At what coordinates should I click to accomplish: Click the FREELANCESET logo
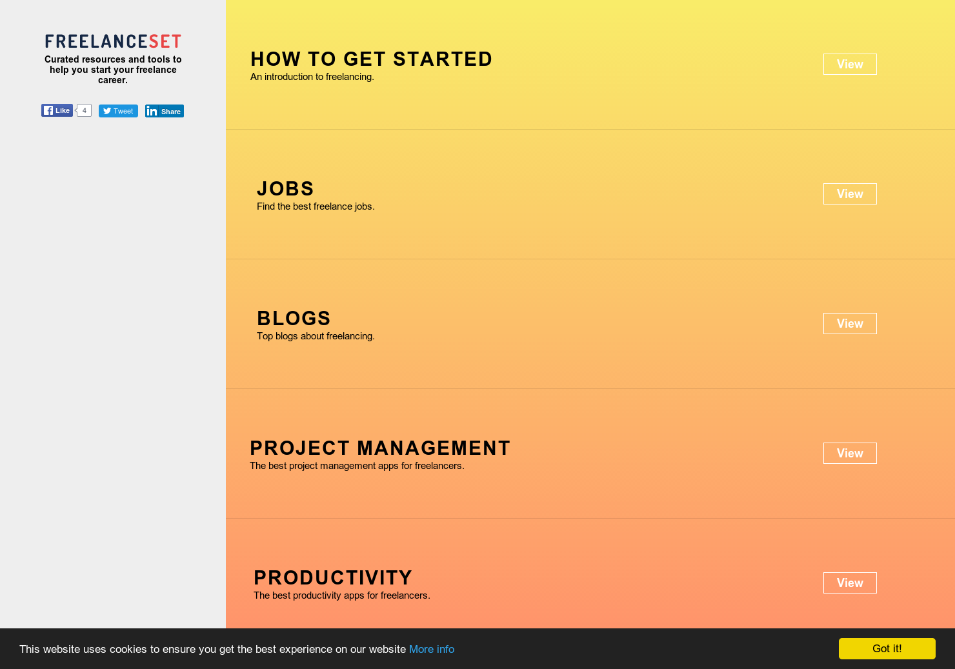click(x=113, y=41)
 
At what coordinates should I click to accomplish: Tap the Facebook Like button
click(x=57, y=110)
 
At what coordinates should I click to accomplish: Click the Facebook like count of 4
click(x=85, y=110)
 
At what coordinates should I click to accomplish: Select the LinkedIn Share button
click(x=165, y=111)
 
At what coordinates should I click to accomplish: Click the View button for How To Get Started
click(x=850, y=65)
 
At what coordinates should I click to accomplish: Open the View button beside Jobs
click(x=850, y=194)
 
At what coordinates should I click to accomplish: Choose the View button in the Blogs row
click(x=850, y=324)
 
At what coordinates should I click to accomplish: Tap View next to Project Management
click(x=850, y=454)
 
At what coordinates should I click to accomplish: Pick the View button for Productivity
click(x=850, y=583)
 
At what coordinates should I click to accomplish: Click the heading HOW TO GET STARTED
click(x=371, y=59)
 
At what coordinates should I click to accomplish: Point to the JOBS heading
click(x=285, y=189)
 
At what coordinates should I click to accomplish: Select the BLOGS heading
click(x=294, y=319)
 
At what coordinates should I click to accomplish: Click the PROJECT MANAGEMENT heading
click(x=380, y=448)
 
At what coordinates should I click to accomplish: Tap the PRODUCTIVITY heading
click(x=333, y=578)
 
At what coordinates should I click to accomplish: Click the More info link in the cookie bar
click(x=432, y=649)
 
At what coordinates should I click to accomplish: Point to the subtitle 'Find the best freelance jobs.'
click(x=316, y=206)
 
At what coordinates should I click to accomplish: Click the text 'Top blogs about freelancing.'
click(x=316, y=336)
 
